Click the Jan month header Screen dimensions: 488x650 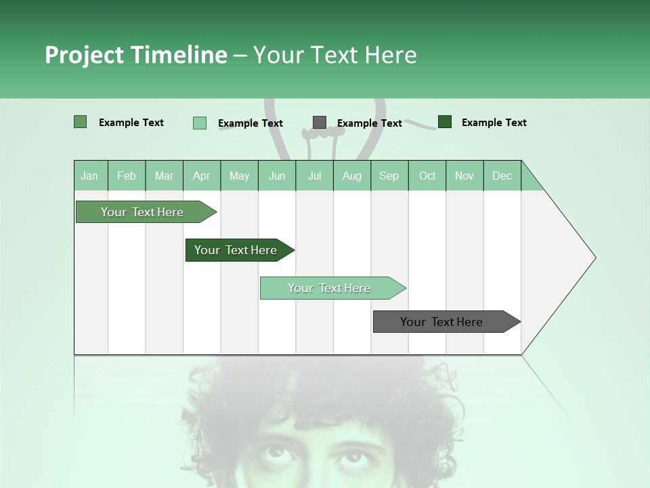click(89, 176)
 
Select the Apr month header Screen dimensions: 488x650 click(202, 176)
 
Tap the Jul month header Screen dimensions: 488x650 click(314, 176)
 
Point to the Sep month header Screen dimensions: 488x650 click(389, 176)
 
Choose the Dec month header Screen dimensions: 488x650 click(502, 176)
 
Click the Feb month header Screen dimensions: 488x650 click(127, 176)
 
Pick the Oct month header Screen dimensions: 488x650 click(427, 176)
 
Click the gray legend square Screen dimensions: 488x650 click(320, 123)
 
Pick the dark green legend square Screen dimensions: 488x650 click(445, 122)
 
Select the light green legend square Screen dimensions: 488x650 click(200, 123)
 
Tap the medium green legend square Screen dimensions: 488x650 click(81, 122)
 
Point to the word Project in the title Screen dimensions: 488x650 click(83, 55)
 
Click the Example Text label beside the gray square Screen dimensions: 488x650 click(369, 123)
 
